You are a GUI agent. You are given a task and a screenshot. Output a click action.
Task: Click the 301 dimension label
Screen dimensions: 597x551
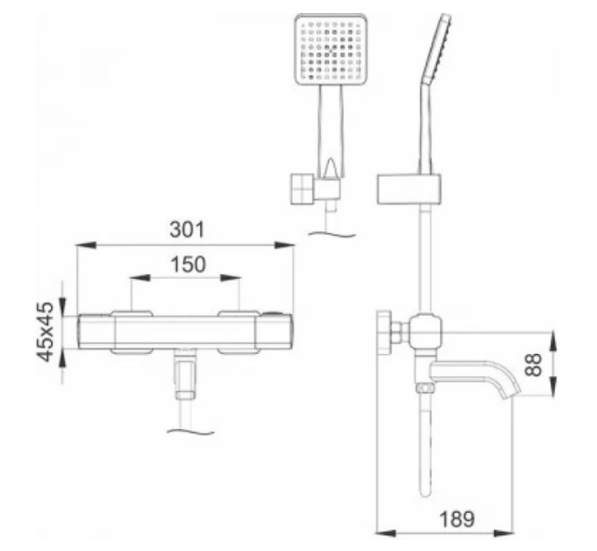pyautogui.click(x=187, y=230)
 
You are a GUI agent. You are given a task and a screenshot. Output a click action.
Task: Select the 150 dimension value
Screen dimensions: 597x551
pyautogui.click(x=188, y=264)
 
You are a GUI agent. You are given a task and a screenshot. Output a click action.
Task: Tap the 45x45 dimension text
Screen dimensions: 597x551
pyautogui.click(x=46, y=331)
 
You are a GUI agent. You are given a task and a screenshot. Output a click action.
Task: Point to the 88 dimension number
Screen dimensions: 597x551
pyautogui.click(x=533, y=364)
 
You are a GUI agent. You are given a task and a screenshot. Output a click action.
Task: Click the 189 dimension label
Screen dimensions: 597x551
pyautogui.click(x=457, y=518)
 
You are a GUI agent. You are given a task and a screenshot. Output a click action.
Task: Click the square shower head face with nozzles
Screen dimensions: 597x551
pyautogui.click(x=331, y=49)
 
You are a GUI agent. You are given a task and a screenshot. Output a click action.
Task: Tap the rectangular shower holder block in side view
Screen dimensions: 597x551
pyautogui.click(x=409, y=190)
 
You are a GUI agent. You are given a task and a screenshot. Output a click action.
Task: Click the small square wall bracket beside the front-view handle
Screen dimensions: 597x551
pyautogui.click(x=302, y=190)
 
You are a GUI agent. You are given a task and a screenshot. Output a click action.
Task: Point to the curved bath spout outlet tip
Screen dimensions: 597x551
pyautogui.click(x=511, y=392)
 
